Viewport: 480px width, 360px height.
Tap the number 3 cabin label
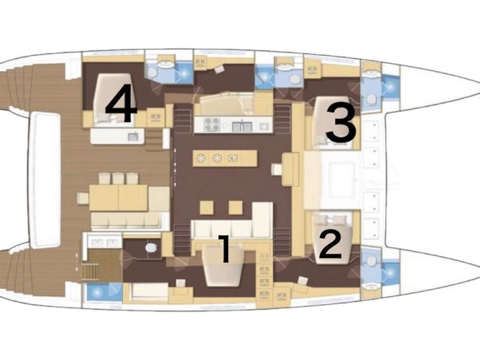pos(341,123)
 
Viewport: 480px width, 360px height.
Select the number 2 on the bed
pos(331,245)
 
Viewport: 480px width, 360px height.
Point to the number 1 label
pos(225,249)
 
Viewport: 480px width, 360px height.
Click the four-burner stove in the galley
pos(212,125)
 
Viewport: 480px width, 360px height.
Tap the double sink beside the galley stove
pos(242,126)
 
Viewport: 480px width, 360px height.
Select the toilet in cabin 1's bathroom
pos(150,247)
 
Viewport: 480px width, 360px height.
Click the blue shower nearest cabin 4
pos(184,73)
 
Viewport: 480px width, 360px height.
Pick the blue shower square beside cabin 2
pos(390,272)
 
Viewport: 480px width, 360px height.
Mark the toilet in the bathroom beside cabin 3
pos(371,100)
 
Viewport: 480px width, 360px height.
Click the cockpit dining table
pos(118,198)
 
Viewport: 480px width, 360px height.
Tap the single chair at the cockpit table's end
pos(82,198)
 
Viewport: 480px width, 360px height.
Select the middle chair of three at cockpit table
pos(118,179)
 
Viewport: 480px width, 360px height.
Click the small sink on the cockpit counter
pos(133,136)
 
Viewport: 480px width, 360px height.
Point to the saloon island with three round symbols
pos(225,158)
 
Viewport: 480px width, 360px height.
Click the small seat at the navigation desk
pos(277,169)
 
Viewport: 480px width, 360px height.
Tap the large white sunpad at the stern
pos(45,180)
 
